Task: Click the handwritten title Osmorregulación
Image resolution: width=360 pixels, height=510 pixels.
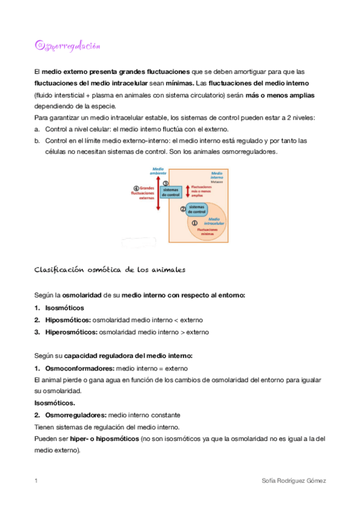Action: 67,46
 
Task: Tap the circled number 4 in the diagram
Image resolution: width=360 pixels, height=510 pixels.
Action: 136,188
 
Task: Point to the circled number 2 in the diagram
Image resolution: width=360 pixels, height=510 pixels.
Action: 183,209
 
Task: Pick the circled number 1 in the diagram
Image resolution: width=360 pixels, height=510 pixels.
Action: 194,223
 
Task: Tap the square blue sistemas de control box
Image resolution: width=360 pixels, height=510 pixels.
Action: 172,192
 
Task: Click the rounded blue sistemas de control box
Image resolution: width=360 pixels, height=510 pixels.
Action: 198,209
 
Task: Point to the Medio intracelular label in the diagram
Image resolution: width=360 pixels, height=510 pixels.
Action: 213,221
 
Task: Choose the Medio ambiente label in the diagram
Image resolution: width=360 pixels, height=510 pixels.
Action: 159,171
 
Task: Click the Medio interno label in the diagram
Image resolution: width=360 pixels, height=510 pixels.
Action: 216,176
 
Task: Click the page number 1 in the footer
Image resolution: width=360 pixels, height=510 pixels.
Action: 36,481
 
